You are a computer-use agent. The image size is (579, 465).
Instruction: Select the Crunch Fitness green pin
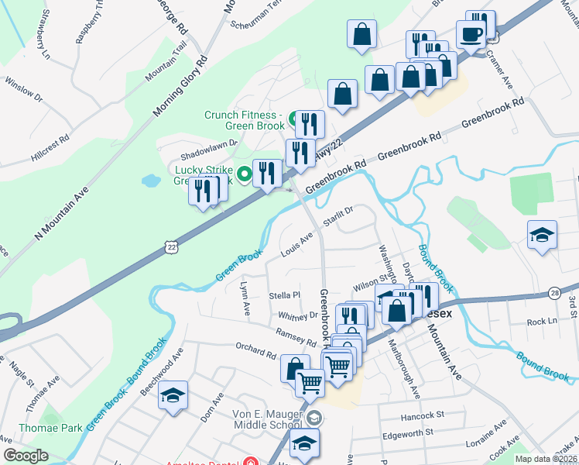click(293, 119)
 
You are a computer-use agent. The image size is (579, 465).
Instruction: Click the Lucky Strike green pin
click(245, 174)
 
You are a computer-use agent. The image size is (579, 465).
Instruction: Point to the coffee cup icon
click(471, 34)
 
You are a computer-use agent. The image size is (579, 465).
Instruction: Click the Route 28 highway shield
click(556, 291)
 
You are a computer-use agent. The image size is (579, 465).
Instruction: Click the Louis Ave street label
click(297, 242)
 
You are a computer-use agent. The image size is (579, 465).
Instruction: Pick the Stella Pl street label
click(284, 295)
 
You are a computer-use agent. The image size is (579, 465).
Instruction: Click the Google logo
click(26, 456)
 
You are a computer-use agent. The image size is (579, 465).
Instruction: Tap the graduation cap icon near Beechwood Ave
click(173, 396)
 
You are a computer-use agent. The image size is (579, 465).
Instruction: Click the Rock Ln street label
click(542, 321)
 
